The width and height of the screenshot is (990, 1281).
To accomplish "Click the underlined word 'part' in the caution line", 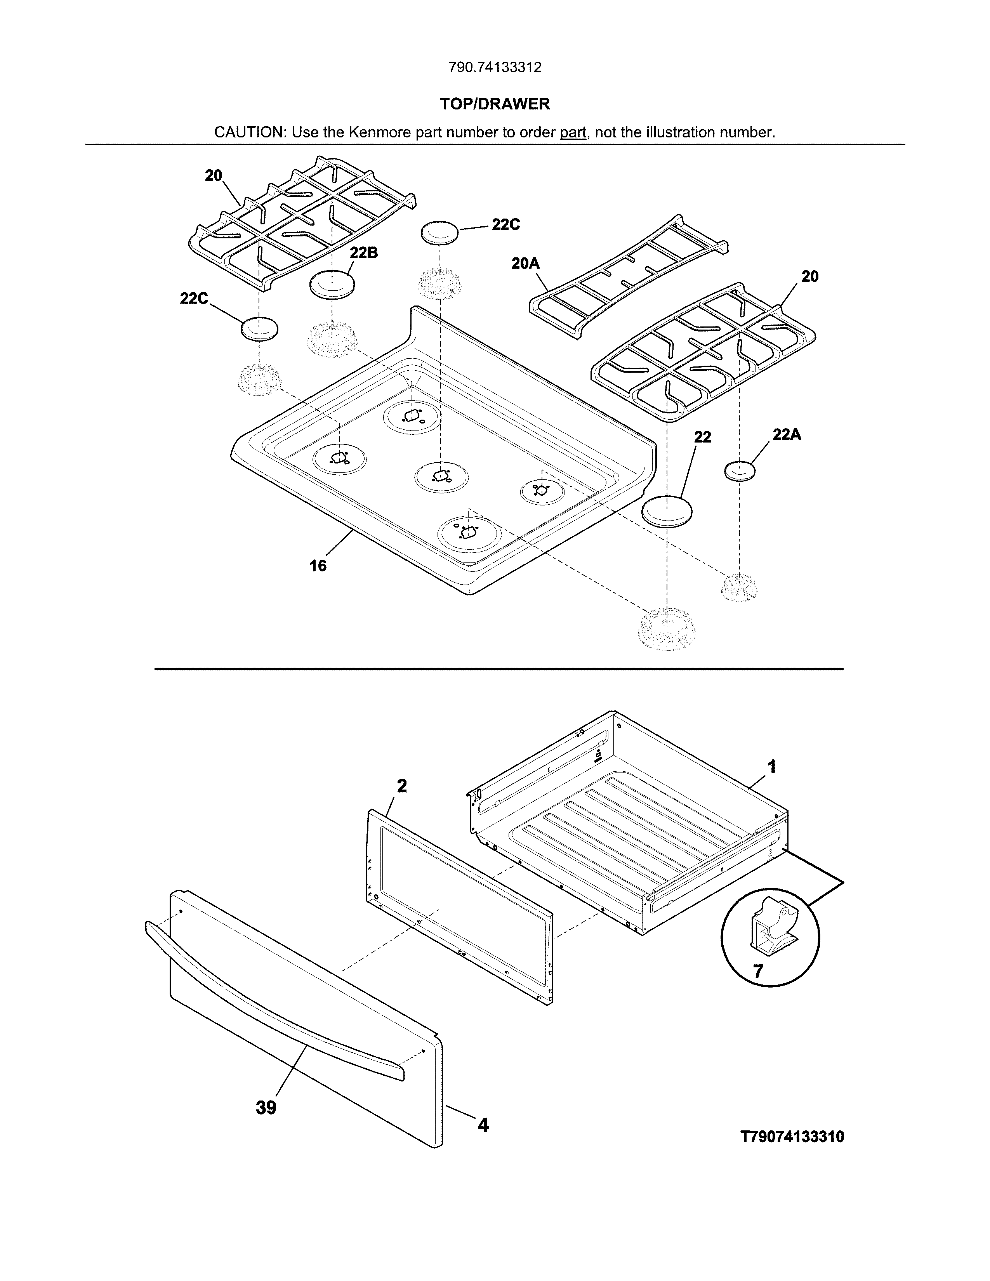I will point(573,132).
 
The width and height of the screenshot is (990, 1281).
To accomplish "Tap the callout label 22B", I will point(364,253).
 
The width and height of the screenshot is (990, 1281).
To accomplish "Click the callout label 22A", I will point(787,435).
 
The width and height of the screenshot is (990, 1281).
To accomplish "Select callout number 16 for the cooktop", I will point(318,566).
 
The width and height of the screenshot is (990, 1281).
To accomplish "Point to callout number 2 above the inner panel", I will point(402,786).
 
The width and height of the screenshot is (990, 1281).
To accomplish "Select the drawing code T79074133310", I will point(792,1137).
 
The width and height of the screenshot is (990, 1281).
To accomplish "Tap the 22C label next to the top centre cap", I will point(505,225).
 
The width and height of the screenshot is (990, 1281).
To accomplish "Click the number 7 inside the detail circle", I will point(758,972).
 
